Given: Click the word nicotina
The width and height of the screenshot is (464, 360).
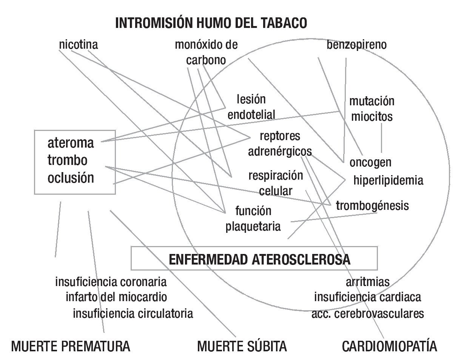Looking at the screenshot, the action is point(79,45).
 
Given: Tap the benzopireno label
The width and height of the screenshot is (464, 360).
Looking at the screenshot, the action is point(357,45).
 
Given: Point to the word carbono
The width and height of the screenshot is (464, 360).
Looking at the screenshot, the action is point(206,60).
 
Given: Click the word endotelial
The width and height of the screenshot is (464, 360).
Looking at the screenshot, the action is point(251,114).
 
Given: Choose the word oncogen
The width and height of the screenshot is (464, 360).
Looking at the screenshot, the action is point(370,163).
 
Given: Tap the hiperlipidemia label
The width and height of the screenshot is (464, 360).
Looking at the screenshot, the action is point(388,180).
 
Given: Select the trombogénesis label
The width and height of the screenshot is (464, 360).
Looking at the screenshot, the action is point(372,206).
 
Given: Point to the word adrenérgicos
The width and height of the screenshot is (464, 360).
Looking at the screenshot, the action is point(280,151).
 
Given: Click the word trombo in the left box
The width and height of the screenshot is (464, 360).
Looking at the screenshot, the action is point(68,160).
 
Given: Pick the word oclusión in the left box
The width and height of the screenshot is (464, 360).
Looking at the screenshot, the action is point(71,177).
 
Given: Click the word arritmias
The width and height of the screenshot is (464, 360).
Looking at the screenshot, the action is point(367,282).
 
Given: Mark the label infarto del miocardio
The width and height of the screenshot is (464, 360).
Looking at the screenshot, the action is point(116,297).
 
